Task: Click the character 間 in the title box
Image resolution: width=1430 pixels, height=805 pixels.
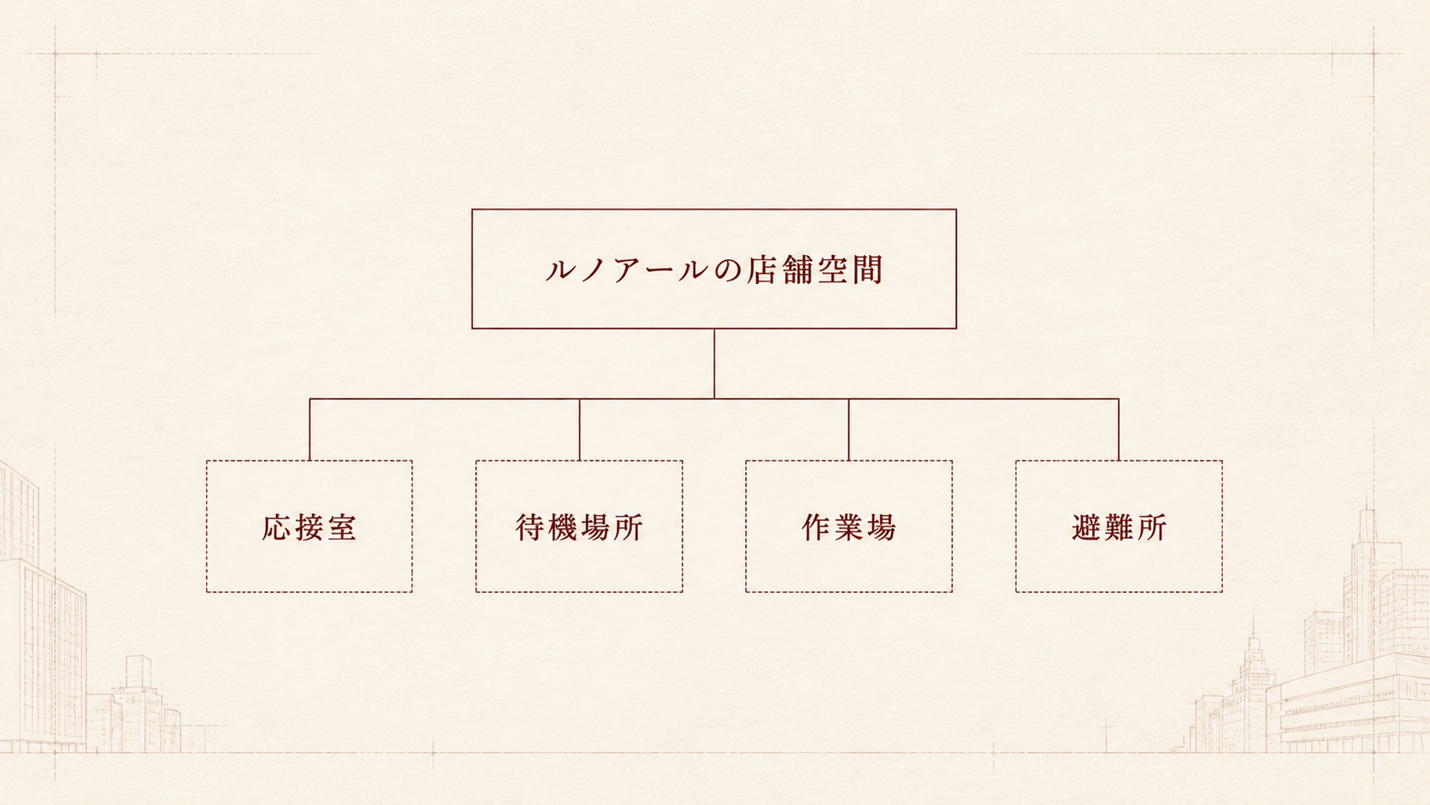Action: click(x=867, y=269)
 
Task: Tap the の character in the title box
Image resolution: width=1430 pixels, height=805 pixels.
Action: click(x=727, y=270)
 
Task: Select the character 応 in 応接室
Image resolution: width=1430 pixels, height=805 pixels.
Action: click(x=276, y=527)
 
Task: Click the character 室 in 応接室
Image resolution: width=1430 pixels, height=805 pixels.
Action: click(x=341, y=527)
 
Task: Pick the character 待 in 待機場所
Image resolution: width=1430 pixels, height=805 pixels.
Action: click(x=530, y=527)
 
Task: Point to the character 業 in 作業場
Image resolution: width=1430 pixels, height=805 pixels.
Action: click(x=848, y=527)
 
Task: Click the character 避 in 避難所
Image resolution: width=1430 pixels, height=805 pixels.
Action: click(x=1086, y=527)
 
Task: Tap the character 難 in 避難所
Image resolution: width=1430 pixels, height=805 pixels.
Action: click(x=1119, y=527)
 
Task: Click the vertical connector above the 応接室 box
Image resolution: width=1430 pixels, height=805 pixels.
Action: click(x=310, y=429)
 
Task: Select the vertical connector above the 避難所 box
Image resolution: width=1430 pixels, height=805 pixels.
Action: click(x=1119, y=429)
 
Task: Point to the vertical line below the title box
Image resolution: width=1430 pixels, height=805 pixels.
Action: click(x=714, y=364)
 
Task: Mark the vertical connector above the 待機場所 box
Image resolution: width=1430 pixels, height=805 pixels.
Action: click(x=580, y=429)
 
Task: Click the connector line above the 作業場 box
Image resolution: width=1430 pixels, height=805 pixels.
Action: click(x=848, y=429)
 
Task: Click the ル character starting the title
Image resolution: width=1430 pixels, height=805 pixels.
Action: click(x=560, y=270)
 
